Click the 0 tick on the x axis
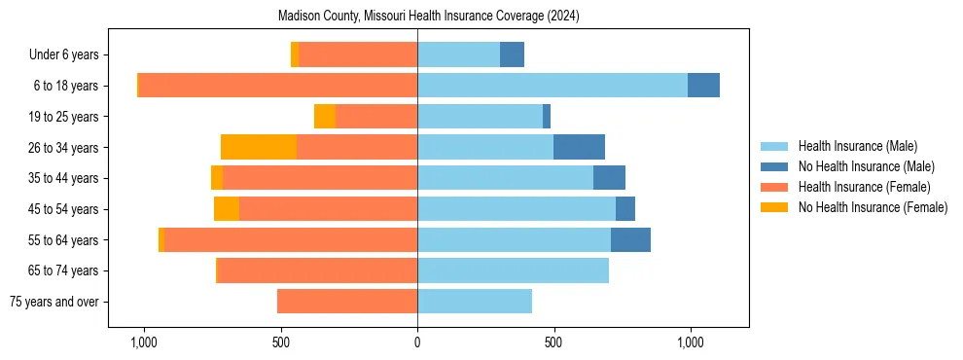pos(417,342)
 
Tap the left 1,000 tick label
pos(143,342)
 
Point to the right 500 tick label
pos(553,342)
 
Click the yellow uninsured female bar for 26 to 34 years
pos(259,147)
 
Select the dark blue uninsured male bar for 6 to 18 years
pos(703,86)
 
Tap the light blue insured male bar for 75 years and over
pos(475,302)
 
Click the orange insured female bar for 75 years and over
pos(347,302)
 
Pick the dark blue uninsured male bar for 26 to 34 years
pos(579,147)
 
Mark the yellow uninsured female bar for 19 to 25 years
pos(325,117)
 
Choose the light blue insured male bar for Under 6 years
pos(458,55)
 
